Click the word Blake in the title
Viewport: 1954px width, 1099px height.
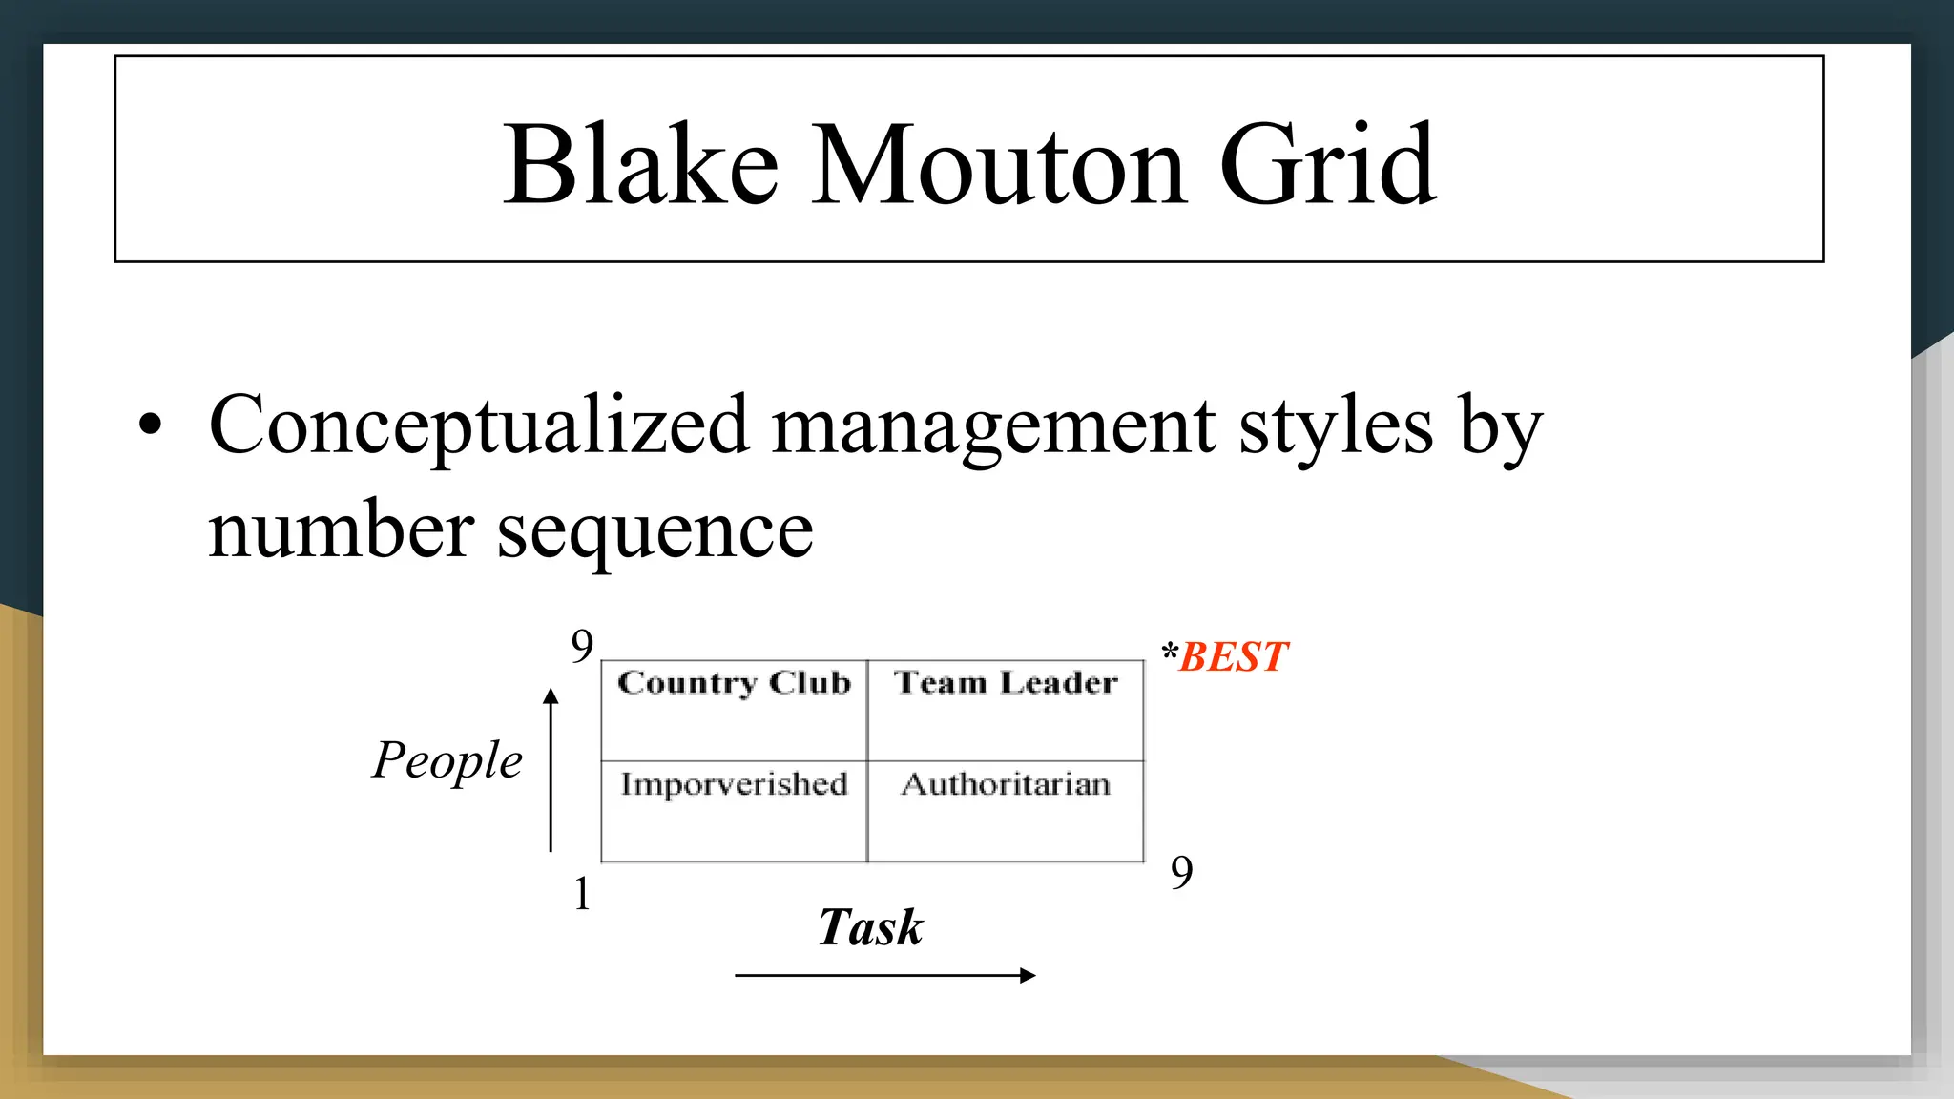(x=640, y=164)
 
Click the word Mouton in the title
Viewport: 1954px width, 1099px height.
(x=998, y=164)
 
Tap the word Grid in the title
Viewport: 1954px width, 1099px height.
(x=1328, y=164)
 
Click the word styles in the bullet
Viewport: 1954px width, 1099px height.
(x=1336, y=425)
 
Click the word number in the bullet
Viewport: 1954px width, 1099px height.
(x=342, y=530)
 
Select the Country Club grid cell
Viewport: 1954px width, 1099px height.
(x=734, y=710)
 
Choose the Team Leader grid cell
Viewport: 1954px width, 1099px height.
(x=1006, y=710)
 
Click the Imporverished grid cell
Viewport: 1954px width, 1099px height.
(x=734, y=811)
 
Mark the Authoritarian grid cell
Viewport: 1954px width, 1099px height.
(x=1006, y=811)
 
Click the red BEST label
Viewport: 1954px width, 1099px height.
(x=1233, y=657)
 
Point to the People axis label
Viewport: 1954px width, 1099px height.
(x=447, y=760)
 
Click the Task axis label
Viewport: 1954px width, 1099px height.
(x=870, y=927)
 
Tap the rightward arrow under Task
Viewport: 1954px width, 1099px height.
(x=884, y=975)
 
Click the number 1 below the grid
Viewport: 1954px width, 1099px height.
(x=582, y=894)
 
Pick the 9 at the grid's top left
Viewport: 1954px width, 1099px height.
(x=582, y=647)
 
